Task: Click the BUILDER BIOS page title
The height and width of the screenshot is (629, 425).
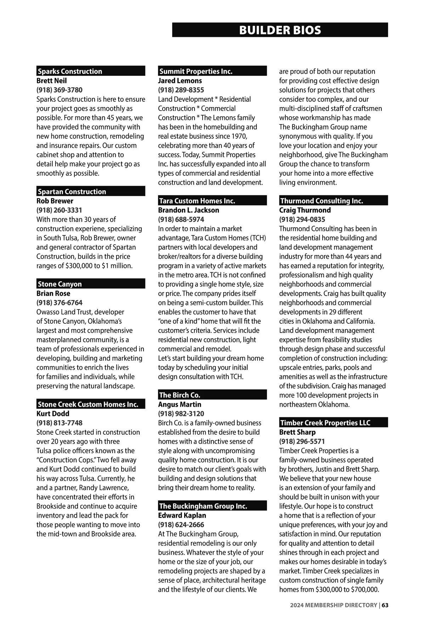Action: pos(280,30)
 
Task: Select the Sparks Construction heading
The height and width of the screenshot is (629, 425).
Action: pos(70,71)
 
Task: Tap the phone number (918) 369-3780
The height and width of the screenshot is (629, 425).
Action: pos(59,90)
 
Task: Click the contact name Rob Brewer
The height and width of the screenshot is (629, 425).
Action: pos(55,201)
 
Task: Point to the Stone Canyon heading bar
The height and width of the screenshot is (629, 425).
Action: pos(91,284)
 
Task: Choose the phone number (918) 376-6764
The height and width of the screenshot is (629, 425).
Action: pos(59,303)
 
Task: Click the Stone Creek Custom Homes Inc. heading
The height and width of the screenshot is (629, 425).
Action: pos(88,404)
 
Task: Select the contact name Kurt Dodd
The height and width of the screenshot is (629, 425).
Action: pos(53,414)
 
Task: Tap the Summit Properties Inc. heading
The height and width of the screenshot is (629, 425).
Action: pos(196,71)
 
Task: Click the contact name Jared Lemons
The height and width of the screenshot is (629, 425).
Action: pos(180,81)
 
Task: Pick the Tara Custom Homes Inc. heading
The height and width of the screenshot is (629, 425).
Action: pos(197,201)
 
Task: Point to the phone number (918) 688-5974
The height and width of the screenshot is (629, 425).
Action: pos(181,219)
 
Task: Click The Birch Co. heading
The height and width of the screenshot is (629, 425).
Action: pos(180,395)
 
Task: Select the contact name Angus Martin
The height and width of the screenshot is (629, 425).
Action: pos(180,405)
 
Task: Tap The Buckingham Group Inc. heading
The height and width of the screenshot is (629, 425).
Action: pos(203,506)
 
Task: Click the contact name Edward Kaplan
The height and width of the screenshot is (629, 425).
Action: pos(182,516)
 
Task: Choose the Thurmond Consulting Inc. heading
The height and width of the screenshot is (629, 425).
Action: pos(322,201)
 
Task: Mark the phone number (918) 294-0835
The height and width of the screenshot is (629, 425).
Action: pos(302,219)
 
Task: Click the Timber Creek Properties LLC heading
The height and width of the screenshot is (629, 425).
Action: pos(325,423)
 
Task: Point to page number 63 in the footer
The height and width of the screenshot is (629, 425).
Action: pos(385,605)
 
